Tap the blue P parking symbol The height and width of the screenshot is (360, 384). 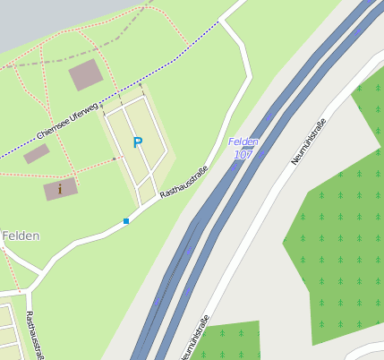(x=138, y=142)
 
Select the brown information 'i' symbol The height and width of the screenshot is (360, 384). (x=60, y=188)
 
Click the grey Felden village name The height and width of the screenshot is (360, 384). (x=20, y=236)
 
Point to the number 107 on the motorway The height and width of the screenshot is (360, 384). (x=243, y=155)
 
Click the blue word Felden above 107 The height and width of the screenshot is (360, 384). (x=243, y=141)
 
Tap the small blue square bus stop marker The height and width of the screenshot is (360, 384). (x=126, y=220)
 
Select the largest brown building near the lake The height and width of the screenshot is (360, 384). (x=86, y=75)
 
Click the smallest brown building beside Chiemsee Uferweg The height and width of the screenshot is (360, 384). (x=37, y=154)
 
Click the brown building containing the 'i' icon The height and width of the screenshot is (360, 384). (x=54, y=190)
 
